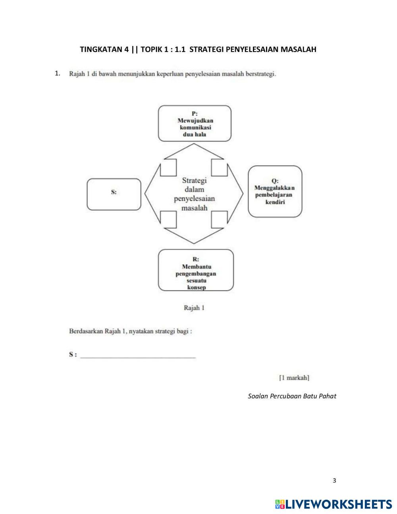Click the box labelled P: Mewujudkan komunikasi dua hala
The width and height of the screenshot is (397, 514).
[195, 124]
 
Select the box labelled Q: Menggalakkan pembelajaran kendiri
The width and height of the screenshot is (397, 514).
[275, 191]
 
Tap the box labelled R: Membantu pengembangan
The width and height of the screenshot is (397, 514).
[196, 270]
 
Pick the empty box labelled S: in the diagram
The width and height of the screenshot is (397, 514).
[114, 194]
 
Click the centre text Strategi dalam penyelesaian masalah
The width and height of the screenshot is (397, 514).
[194, 194]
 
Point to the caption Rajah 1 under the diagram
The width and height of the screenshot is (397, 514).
[194, 307]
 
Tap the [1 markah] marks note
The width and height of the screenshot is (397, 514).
[294, 377]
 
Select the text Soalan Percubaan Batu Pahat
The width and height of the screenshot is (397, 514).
[292, 396]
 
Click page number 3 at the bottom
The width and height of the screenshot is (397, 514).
[334, 481]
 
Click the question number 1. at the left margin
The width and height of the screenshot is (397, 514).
[58, 73]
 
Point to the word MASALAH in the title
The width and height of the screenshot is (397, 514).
[299, 50]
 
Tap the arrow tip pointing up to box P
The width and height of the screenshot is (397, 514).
[194, 145]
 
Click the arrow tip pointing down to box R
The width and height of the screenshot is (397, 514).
[194, 242]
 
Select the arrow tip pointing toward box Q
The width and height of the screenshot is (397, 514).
[242, 193]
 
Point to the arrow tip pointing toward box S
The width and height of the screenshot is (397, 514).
[145, 193]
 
